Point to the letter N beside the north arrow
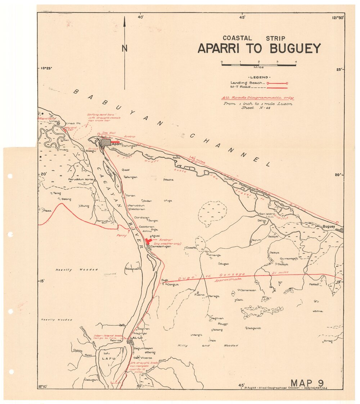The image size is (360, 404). point(124,48)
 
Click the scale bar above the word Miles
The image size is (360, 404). point(258,65)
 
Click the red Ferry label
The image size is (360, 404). point(122,235)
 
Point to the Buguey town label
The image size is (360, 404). point(329,226)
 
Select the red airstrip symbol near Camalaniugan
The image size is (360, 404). point(148,241)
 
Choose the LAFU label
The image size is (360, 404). point(108,359)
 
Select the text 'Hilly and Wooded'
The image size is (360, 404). point(208,345)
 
